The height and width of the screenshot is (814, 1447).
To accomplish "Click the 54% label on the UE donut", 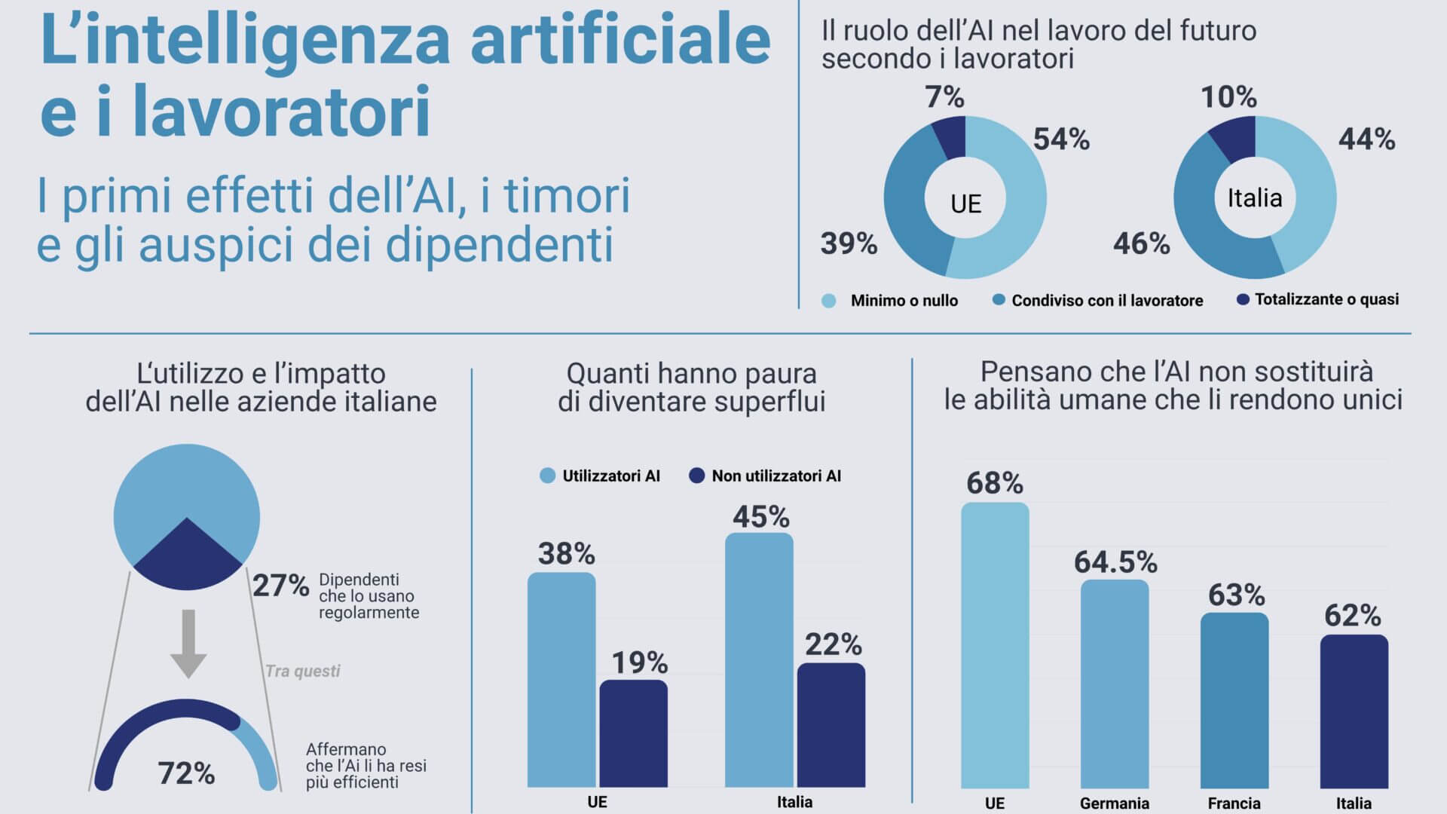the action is pyautogui.click(x=1061, y=139).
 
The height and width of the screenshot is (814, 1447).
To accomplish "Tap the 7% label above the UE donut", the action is pyautogui.click(x=944, y=97).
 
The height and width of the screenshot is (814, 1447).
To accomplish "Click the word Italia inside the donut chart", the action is pyautogui.click(x=1255, y=198).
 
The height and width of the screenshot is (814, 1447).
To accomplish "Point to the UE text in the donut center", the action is pyautogui.click(x=965, y=204).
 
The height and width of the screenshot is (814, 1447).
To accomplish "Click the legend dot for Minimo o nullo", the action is pyautogui.click(x=829, y=301).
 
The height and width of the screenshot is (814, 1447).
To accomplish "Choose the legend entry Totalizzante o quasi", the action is pyautogui.click(x=1318, y=300).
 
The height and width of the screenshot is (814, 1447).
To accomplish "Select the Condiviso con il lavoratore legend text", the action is pyautogui.click(x=1107, y=301).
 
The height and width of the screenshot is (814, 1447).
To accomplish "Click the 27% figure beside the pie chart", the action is pyautogui.click(x=280, y=586).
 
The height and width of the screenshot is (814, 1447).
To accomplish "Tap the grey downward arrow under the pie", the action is pyautogui.click(x=188, y=644).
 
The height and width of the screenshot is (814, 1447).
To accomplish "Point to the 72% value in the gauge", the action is pyautogui.click(x=186, y=773).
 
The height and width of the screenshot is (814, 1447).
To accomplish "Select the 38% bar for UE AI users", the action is pyautogui.click(x=561, y=680).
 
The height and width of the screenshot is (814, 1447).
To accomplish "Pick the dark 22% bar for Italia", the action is pyautogui.click(x=831, y=725).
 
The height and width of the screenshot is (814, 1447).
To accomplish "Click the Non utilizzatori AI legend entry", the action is pyautogui.click(x=765, y=476).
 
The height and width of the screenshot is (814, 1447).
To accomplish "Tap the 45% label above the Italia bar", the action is pyautogui.click(x=761, y=517).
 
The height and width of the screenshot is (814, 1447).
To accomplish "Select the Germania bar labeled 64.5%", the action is pyautogui.click(x=1115, y=684).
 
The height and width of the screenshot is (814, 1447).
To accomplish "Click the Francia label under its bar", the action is pyautogui.click(x=1234, y=803).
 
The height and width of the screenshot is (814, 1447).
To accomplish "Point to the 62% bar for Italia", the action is pyautogui.click(x=1354, y=711).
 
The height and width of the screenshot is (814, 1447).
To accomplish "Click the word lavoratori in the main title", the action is pyautogui.click(x=282, y=111).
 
